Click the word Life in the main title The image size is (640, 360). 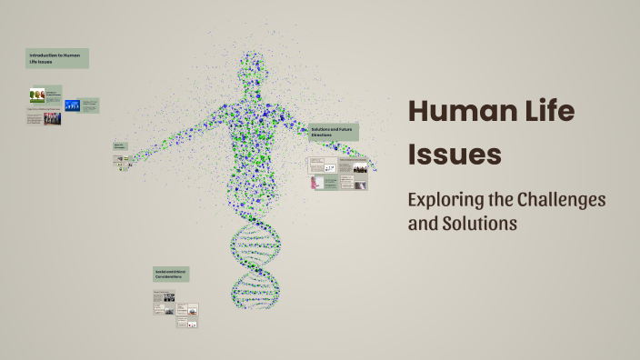pos(543,113)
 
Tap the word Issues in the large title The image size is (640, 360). pos(455,154)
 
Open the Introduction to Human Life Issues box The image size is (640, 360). pos(56,58)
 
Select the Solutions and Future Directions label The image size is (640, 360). pos(333,132)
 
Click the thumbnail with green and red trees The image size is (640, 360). pos(37,94)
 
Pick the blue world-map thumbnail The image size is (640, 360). pos(73,105)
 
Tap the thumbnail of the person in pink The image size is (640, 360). pos(317,183)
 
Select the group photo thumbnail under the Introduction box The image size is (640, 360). pos(52,118)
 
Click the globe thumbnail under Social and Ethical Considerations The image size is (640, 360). pos(193,309)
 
